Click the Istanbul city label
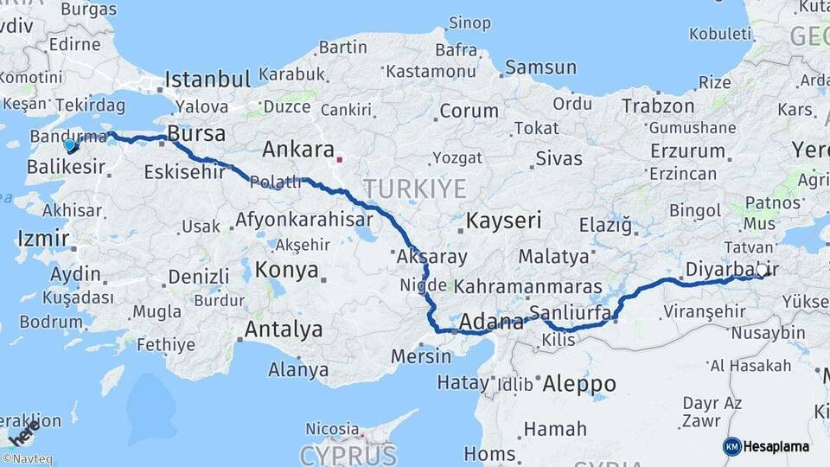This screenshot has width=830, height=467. coord(207,80)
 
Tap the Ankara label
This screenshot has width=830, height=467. coord(297,150)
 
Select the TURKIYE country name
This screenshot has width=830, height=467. coord(414,189)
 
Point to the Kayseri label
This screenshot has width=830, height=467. coord(503,221)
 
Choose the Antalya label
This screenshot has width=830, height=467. coord(284,329)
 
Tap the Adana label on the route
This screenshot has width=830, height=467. coord(491,323)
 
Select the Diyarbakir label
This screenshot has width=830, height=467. coord(725,270)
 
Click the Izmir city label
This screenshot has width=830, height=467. coord(41,238)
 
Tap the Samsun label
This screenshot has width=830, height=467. coord(540,67)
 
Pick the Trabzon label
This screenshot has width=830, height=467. coord(658,106)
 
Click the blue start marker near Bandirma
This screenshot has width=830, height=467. coord(70,144)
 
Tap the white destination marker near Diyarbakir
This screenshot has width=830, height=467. coord(762,269)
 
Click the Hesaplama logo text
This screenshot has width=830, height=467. coord(776,446)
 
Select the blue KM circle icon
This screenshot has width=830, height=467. coord(731,446)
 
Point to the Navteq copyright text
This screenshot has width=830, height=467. coord(27,459)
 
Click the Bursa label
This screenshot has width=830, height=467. coord(196,134)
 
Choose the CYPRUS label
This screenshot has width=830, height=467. coord(348,455)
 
